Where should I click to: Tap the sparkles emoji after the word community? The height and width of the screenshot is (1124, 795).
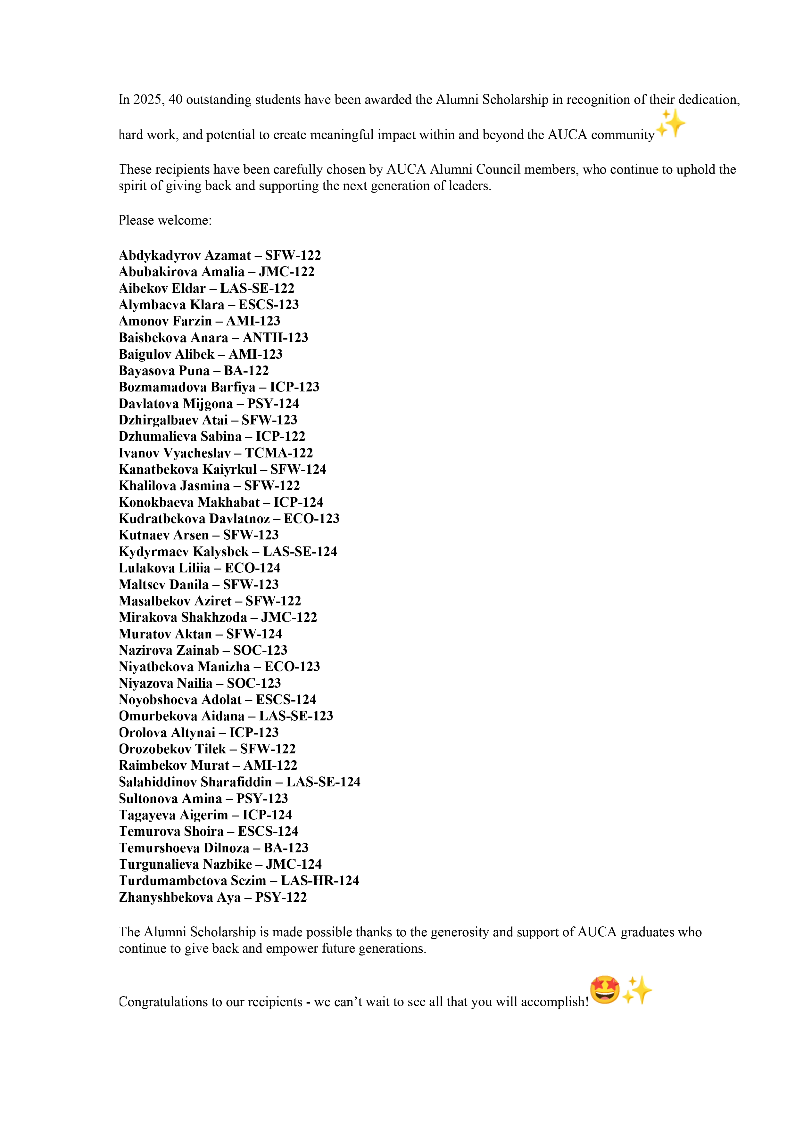pyautogui.click(x=671, y=123)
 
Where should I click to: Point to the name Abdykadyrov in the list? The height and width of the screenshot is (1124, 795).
pyautogui.click(x=160, y=256)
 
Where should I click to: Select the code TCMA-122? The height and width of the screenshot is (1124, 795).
pyautogui.click(x=279, y=453)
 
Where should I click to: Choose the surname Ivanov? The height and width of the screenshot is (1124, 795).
pyautogui.click(x=139, y=453)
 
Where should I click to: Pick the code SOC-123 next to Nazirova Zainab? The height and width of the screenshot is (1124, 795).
pyautogui.click(x=260, y=650)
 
